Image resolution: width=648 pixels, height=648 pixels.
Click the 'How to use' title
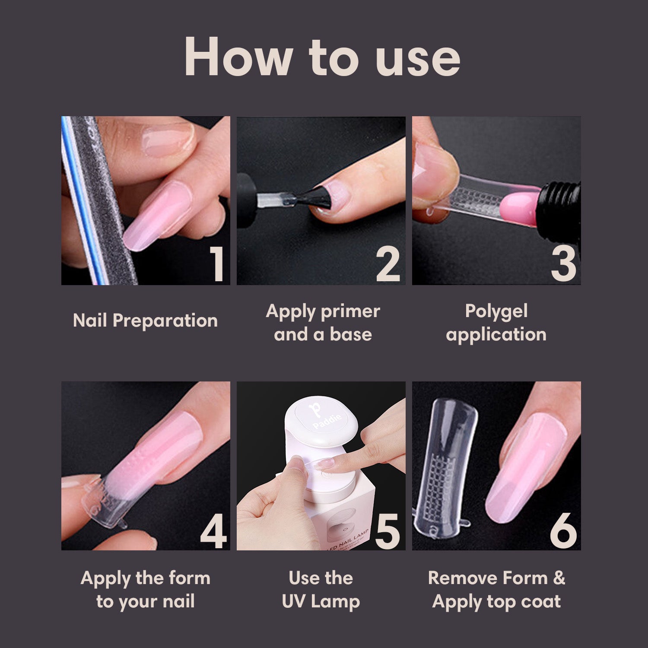click(x=322, y=57)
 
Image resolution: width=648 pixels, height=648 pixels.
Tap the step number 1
click(x=216, y=264)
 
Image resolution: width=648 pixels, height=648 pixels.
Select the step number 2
click(x=388, y=264)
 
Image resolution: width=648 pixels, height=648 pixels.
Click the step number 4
click(x=213, y=531)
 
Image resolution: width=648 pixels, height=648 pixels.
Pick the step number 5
click(x=388, y=531)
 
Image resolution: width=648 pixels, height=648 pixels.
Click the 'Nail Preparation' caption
click(x=145, y=321)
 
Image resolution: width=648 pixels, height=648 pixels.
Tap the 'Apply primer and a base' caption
click(x=323, y=322)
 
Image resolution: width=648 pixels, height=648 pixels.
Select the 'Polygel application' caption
click(x=496, y=322)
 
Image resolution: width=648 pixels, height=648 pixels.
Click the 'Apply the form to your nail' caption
click(x=145, y=589)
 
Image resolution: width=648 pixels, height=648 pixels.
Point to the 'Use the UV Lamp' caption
click(x=321, y=589)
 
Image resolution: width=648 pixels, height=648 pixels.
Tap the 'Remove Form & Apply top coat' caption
click(x=496, y=589)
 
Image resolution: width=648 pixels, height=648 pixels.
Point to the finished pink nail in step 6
click(x=525, y=467)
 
